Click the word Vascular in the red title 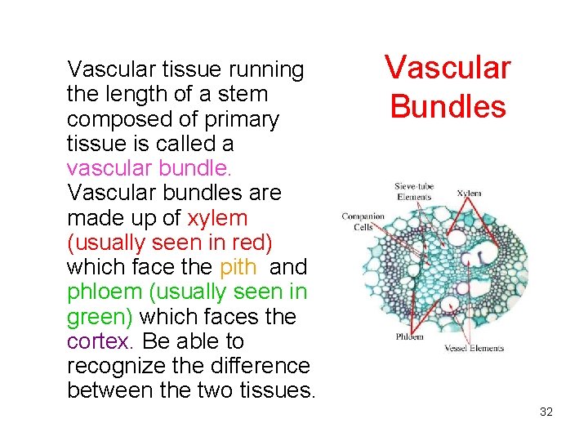click(448, 67)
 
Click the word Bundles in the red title click(448, 106)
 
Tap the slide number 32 click(546, 412)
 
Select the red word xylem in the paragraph click(217, 218)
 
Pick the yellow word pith click(239, 267)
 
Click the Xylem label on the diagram click(469, 194)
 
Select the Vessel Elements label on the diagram click(474, 348)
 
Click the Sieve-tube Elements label click(414, 191)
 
